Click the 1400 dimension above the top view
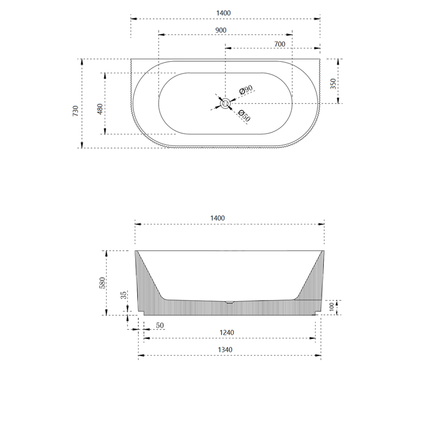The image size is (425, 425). (x=223, y=13)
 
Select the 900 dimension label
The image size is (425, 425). (x=221, y=30)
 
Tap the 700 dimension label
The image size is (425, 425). (x=279, y=44)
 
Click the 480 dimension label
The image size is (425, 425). (x=100, y=109)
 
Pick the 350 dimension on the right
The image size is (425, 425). (x=333, y=84)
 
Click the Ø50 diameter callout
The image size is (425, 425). (x=244, y=115)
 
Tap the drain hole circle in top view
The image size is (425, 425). (x=225, y=103)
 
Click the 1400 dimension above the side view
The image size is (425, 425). (x=217, y=218)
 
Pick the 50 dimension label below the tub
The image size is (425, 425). (x=160, y=326)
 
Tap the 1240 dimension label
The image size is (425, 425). (x=227, y=333)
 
